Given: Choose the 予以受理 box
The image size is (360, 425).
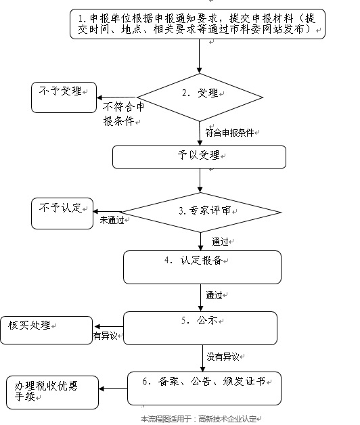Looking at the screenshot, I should point(198,156).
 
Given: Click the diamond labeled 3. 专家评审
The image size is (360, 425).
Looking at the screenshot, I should point(200,210).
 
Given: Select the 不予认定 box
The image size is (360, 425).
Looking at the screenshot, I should point(62,212).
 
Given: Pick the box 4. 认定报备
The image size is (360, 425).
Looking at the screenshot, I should point(202,267).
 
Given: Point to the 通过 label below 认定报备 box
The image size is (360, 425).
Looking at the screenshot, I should point(217,296).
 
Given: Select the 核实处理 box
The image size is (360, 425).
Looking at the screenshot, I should point(46,330).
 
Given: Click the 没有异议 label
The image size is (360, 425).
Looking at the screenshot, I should point(226,356).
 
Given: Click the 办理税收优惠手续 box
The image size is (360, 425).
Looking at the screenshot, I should point(51,391).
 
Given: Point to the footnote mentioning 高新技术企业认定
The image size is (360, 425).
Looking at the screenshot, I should point(200,419).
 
